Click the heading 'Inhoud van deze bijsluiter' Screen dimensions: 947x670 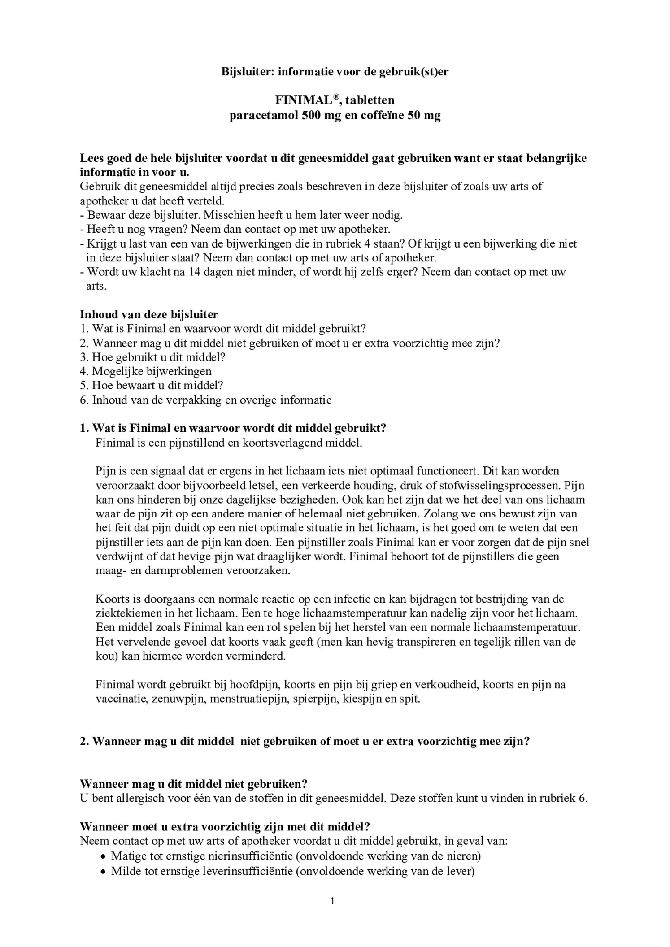tap(149, 314)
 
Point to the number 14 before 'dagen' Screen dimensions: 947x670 tap(194, 272)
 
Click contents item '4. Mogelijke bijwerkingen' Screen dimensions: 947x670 tap(146, 371)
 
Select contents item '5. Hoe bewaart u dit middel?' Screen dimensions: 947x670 tap(152, 386)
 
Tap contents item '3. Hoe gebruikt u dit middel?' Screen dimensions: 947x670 tap(152, 357)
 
